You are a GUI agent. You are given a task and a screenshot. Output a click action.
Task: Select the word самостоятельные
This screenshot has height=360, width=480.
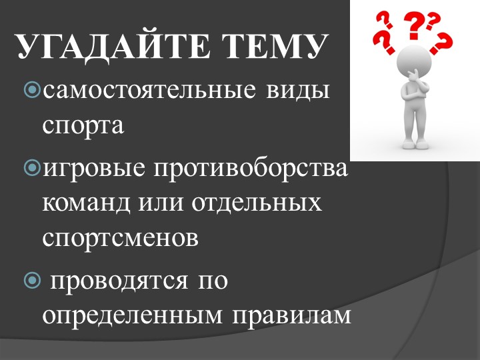click(143, 89)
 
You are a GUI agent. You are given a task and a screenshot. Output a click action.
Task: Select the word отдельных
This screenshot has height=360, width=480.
click(257, 202)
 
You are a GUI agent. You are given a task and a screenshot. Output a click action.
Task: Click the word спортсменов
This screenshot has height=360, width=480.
click(121, 237)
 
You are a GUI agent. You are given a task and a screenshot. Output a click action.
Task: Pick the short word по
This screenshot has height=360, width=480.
click(213, 281)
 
